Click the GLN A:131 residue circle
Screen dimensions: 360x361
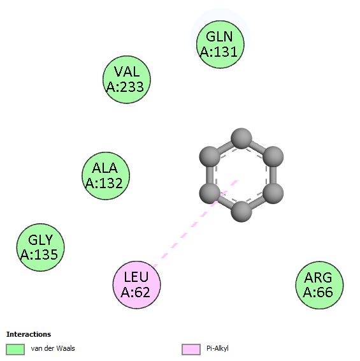click(220, 45)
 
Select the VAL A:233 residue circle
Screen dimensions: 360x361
click(127, 80)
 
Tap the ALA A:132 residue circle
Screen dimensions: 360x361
click(106, 175)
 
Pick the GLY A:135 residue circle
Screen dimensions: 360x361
click(41, 247)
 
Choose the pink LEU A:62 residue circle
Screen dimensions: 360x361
click(136, 285)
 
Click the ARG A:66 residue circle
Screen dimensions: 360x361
click(319, 285)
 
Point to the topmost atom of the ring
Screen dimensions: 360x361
click(241, 138)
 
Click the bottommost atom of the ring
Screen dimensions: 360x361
click(241, 212)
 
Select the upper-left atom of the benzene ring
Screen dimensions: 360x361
click(210, 156)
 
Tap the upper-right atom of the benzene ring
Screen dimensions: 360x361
click(273, 156)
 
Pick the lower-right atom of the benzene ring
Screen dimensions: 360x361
click(273, 193)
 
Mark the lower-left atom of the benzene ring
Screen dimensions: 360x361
click(210, 193)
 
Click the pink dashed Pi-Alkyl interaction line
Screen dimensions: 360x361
click(196, 224)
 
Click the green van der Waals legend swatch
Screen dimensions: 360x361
click(15, 350)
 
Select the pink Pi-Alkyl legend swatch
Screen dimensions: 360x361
click(191, 350)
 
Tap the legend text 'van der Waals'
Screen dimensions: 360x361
click(53, 348)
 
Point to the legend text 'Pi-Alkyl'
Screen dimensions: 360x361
click(217, 349)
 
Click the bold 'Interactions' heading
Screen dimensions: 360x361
click(29, 334)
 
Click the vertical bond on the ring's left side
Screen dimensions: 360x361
click(210, 175)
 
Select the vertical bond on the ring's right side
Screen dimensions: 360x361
click(273, 175)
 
